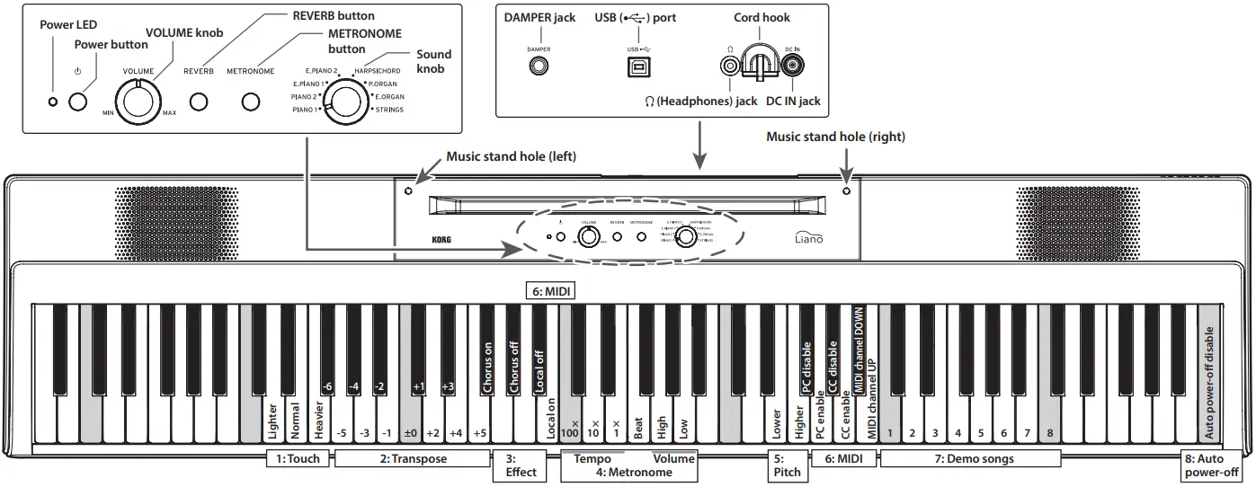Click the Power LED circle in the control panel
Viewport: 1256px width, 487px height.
(x=52, y=100)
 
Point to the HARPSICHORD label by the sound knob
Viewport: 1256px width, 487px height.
(x=377, y=70)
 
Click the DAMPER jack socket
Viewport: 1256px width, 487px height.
(x=539, y=66)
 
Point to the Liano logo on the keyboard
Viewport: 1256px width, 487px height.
(x=809, y=239)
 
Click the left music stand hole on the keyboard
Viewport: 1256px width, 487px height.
(x=409, y=191)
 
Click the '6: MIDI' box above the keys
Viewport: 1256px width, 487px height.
(x=549, y=291)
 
